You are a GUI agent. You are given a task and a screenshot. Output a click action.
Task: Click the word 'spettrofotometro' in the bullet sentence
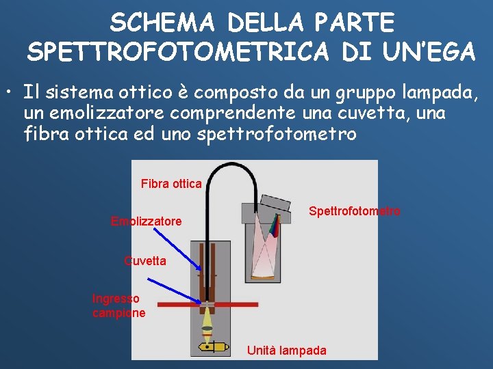coord(276,133)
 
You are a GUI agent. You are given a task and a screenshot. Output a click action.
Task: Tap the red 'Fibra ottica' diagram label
coord(171,183)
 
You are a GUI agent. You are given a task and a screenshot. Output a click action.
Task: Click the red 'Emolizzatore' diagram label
coord(147,221)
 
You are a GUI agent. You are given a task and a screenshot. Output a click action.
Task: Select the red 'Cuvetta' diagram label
coord(144,261)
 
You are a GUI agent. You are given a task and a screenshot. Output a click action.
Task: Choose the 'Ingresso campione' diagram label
coord(119,305)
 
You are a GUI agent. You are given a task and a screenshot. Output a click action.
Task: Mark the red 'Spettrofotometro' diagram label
coord(355,211)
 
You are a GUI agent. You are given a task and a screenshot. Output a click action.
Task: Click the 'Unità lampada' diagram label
coord(287,351)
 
